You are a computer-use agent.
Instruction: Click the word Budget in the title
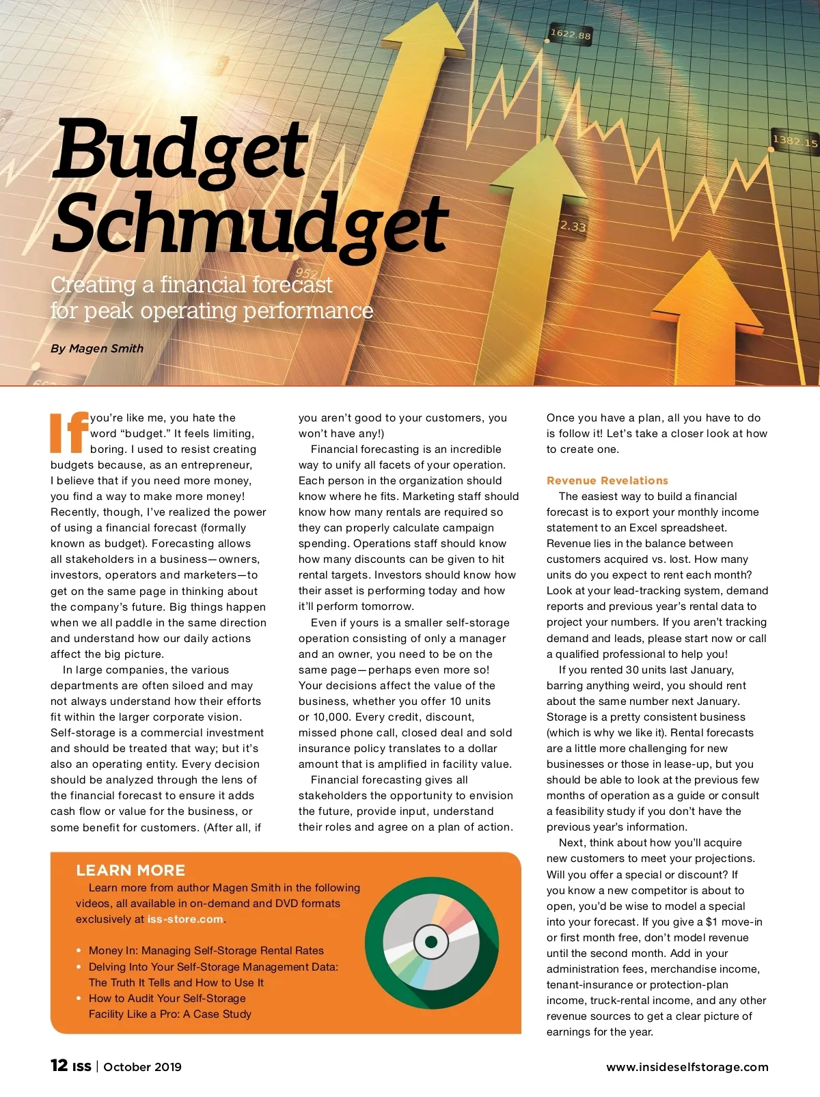coord(181,149)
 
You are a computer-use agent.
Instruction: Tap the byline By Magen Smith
coord(97,348)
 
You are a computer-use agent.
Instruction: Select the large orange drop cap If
coord(69,432)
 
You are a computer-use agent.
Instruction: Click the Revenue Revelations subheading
coord(607,480)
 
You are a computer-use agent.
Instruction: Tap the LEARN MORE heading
coord(131,870)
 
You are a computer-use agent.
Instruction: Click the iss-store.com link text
coord(185,919)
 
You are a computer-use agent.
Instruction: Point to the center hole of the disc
coord(431,942)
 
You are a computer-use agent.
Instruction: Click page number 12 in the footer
coord(59,1066)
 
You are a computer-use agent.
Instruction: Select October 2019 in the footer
coord(143,1067)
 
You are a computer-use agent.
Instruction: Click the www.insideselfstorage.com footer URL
coord(687,1067)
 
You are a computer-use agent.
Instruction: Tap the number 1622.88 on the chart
coord(570,33)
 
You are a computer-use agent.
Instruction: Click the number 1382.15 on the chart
coord(795,141)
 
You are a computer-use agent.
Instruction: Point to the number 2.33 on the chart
coord(573,226)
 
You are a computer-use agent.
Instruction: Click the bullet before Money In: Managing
coord(79,951)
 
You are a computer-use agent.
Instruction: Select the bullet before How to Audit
coord(79,999)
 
